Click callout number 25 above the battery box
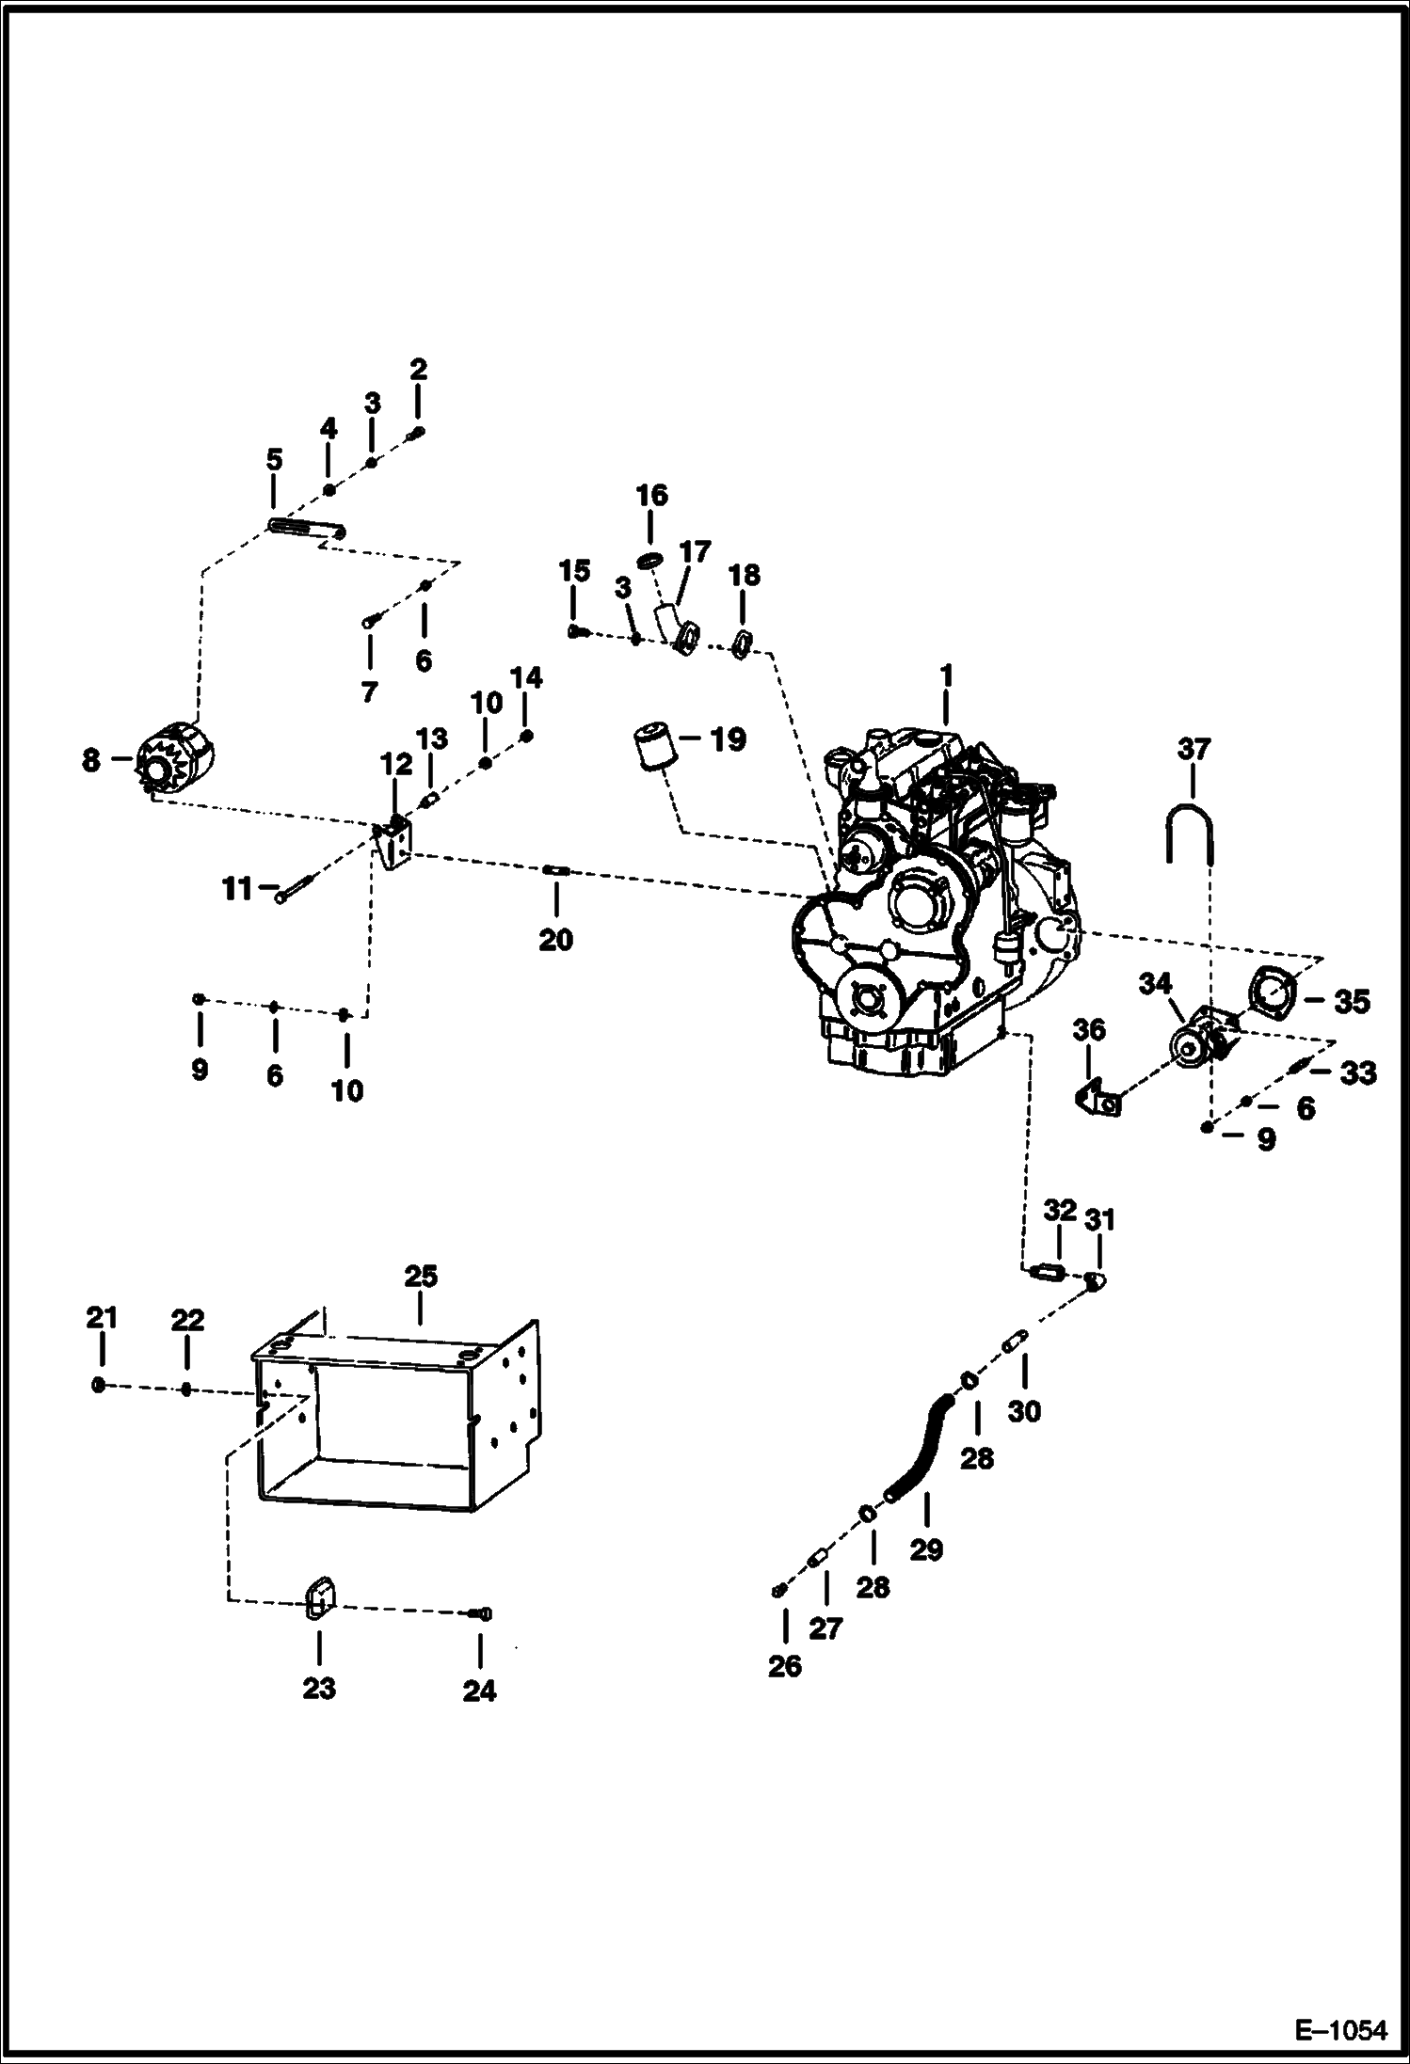(421, 1276)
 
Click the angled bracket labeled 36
(1098, 1098)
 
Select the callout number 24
(479, 1691)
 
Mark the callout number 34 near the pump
(1155, 983)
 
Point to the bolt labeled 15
(576, 632)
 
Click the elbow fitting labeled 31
(1095, 1279)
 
